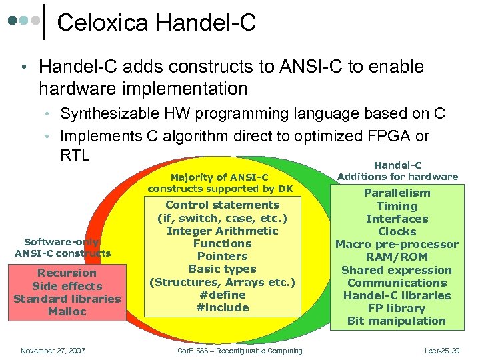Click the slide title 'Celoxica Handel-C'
157,23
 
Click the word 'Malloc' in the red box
67,311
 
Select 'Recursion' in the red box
67,273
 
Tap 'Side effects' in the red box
67,285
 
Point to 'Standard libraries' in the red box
67,299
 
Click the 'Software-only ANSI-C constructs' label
63,247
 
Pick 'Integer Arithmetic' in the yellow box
222,231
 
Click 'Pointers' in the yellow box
222,256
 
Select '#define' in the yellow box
222,295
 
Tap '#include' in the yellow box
222,307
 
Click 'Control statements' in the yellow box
222,205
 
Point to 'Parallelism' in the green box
397,193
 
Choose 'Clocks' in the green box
397,231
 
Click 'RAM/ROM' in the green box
397,257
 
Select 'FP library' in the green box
397,308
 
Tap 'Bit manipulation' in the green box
397,321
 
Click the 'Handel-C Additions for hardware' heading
397,171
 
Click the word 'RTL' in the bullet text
75,155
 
